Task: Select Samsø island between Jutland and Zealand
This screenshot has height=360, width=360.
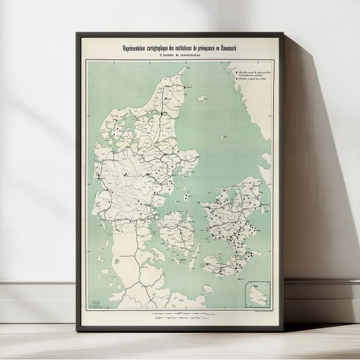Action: pos(186,193)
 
